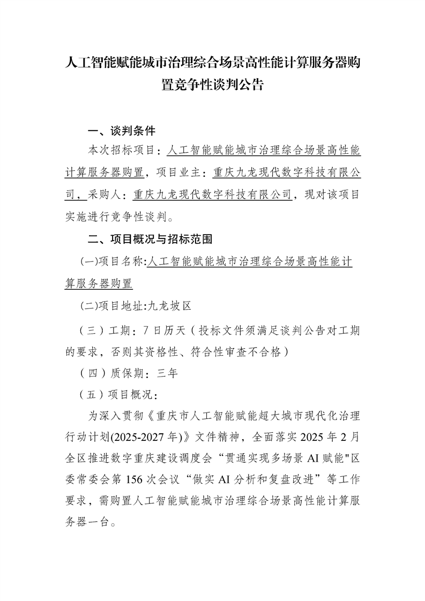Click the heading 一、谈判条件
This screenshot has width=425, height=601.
(x=122, y=131)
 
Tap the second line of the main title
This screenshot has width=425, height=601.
(x=212, y=85)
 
